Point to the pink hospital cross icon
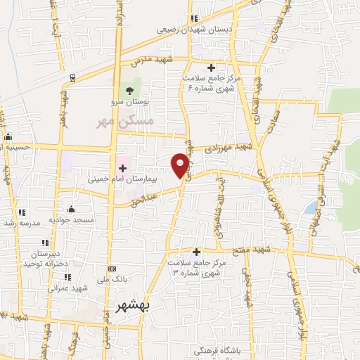pos(122,168)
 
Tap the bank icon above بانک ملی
pos(112,269)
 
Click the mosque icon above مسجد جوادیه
pos(71,209)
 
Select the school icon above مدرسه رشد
pos(22,212)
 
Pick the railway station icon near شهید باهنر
pos(72,77)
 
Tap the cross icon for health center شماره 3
pos(196,252)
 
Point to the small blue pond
pos(310,207)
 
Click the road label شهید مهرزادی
pos(227,148)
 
